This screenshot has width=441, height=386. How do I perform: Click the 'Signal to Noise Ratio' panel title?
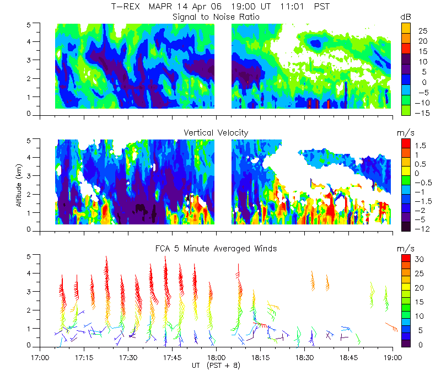[x=216, y=17]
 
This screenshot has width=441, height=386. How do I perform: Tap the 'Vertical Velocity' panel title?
[x=216, y=132]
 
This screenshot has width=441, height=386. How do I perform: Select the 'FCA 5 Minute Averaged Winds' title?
[x=216, y=249]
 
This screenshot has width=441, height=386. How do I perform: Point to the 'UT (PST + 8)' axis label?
[x=216, y=365]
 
